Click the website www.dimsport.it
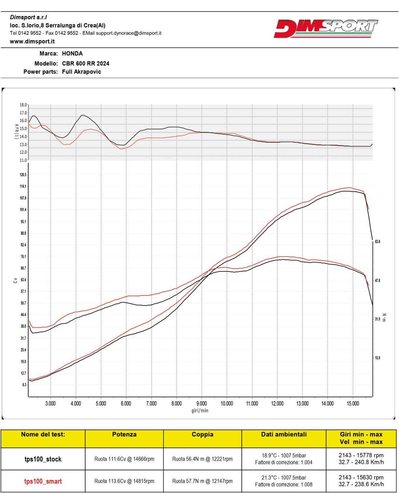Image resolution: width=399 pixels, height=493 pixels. pos(32,41)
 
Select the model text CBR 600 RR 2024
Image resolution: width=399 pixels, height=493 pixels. pos(85,63)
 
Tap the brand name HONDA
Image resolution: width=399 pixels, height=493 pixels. pos(72,53)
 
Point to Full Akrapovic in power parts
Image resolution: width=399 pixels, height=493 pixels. pos(81,72)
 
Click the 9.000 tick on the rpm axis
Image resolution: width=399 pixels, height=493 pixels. pos(201,403)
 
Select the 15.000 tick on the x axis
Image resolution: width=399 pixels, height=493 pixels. pos(353,403)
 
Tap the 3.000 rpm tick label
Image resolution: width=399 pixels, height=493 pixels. pos(50,403)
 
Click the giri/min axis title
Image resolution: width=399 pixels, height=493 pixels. pos(200,410)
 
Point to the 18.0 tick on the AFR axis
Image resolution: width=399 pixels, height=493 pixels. pos(23,105)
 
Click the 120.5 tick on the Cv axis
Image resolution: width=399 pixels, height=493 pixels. pos(23,175)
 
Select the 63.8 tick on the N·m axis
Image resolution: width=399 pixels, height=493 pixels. pos(377,242)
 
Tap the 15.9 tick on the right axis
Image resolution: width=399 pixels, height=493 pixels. pos(377,358)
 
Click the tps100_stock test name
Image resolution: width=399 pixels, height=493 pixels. pos(43,459)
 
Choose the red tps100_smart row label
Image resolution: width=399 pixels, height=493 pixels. pos(43,481)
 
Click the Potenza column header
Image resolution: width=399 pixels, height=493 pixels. pos(124,434)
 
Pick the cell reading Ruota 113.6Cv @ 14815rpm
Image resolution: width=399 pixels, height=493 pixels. pos(124,481)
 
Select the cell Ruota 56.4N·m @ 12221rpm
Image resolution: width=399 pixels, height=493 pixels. pos(202,459)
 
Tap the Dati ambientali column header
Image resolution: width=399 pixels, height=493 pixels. pos(284,434)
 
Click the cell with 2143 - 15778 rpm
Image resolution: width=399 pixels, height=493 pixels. pos(361,455)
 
